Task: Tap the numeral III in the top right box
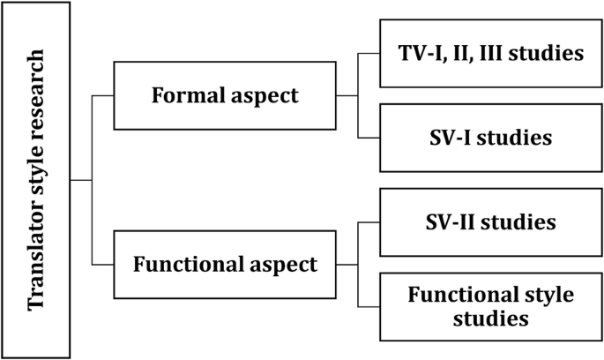tap(495, 54)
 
